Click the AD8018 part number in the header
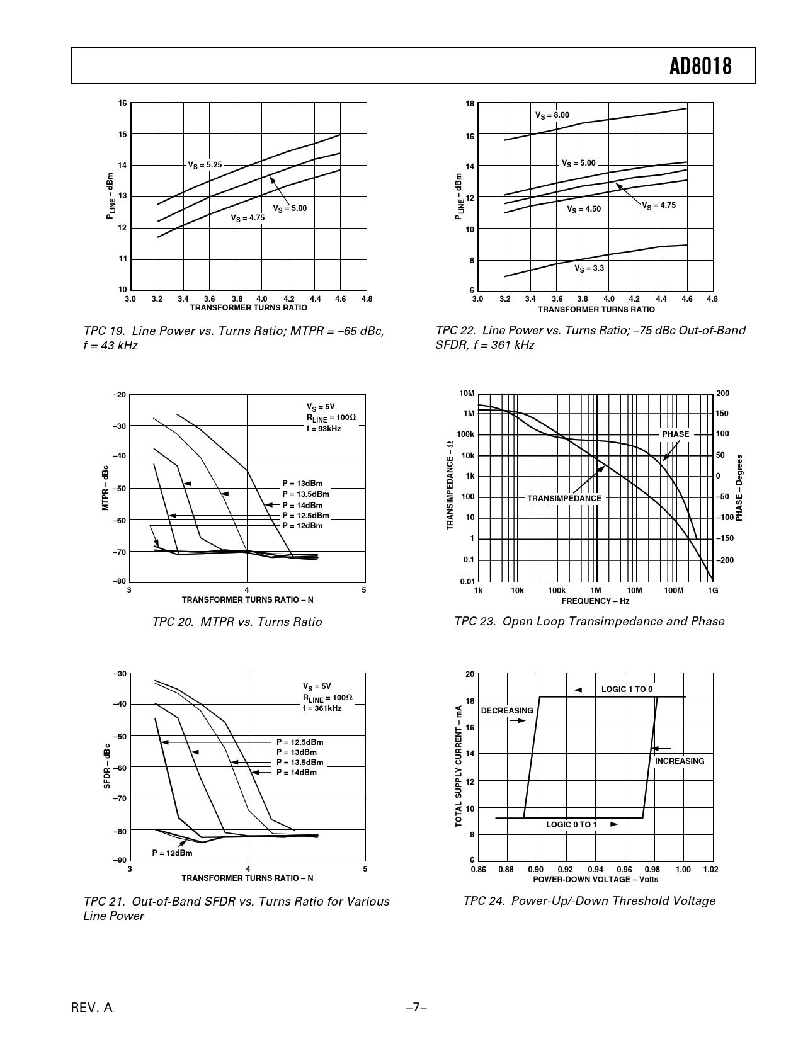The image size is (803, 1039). (700, 66)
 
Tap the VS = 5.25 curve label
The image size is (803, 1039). (205, 165)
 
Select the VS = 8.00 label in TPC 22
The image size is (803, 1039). (552, 115)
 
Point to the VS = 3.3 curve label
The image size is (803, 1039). (589, 268)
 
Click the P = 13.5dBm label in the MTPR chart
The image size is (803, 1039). (305, 494)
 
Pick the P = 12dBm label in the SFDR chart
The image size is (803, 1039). (172, 853)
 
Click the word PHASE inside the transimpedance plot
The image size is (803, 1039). (675, 434)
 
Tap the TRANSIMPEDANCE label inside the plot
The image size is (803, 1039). (564, 498)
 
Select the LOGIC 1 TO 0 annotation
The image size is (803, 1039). (627, 690)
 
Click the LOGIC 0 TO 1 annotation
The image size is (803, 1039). (571, 824)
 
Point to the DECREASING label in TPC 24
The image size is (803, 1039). (507, 711)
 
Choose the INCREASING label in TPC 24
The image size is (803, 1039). (680, 761)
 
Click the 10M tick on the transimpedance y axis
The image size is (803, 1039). (467, 394)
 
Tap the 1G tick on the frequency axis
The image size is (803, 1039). (713, 591)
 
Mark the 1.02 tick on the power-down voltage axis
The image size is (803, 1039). (711, 870)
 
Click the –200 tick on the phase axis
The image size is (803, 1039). (725, 560)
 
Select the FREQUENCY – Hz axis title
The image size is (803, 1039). (595, 601)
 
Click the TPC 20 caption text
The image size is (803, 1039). (237, 622)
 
